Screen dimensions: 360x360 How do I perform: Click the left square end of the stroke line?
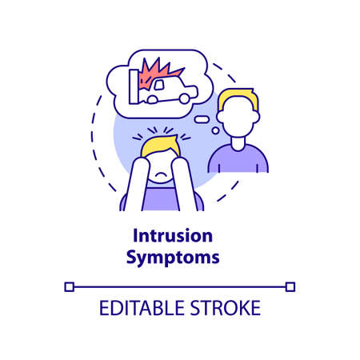[70, 286]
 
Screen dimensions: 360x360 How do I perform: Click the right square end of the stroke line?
[290, 286]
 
